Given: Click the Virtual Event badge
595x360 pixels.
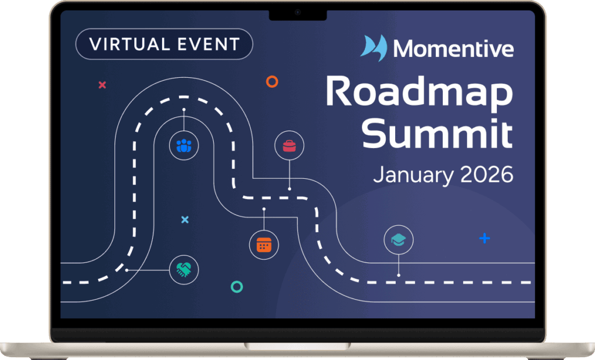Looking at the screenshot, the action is pyautogui.click(x=164, y=44).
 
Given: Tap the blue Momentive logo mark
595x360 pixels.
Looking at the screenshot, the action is pyautogui.click(x=374, y=48).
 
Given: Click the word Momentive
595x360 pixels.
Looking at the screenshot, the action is pyautogui.click(x=453, y=49).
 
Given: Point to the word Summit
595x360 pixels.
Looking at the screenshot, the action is pyautogui.click(x=437, y=133).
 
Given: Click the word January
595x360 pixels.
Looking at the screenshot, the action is pyautogui.click(x=413, y=175).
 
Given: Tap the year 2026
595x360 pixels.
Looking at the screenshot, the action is pyautogui.click(x=487, y=174).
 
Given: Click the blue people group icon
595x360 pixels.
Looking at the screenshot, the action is pyautogui.click(x=184, y=146).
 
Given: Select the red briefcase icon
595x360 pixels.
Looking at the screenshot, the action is pyautogui.click(x=289, y=146).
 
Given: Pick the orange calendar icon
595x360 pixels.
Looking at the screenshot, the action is pyautogui.click(x=264, y=245).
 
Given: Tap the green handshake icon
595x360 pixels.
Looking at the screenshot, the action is pyautogui.click(x=184, y=270).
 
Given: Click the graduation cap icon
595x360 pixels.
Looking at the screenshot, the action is pyautogui.click(x=399, y=240).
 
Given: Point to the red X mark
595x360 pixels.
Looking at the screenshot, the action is pyautogui.click(x=102, y=85).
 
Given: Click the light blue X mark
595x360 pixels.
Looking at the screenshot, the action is pyautogui.click(x=185, y=219).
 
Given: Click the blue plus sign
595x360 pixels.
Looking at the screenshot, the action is pyautogui.click(x=485, y=238).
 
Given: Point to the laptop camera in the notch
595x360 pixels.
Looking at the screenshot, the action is pyautogui.click(x=297, y=13).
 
